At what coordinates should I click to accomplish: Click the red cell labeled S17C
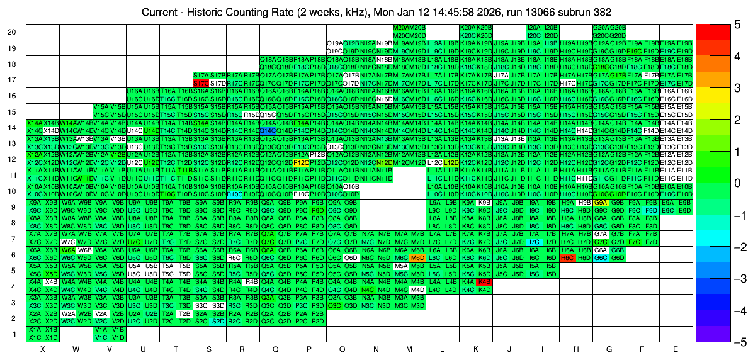(201, 82)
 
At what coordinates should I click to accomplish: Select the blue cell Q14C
(268, 130)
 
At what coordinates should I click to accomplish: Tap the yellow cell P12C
(301, 162)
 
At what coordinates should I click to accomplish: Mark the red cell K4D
(484, 282)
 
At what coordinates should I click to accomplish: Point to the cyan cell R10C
(234, 194)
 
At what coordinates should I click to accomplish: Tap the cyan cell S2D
(218, 322)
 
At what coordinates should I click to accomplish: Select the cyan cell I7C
(535, 242)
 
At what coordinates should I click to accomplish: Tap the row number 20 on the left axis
(12, 32)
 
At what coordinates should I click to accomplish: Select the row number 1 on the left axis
(14, 334)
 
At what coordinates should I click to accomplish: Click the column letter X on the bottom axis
(43, 349)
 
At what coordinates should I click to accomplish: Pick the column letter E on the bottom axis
(676, 349)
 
